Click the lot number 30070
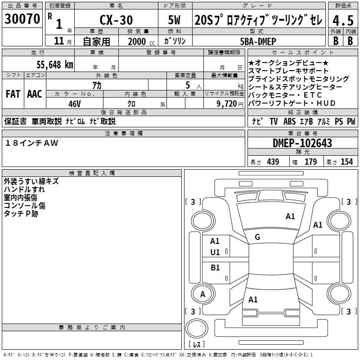(22, 19)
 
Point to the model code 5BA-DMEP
(258, 40)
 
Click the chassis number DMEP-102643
(302, 143)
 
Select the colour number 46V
(74, 103)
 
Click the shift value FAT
(13, 94)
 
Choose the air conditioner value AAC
(35, 94)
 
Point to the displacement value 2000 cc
(139, 41)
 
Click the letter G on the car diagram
(257, 237)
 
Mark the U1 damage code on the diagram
(215, 252)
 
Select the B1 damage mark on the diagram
(215, 268)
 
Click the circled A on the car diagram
(202, 294)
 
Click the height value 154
(346, 162)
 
